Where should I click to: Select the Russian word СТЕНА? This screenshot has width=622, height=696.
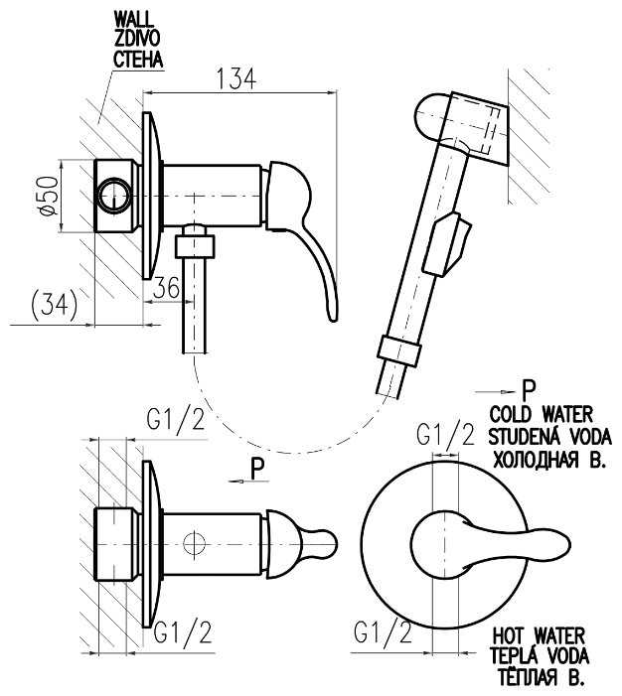[x=137, y=59]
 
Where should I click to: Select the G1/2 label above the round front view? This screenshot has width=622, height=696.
[x=443, y=435]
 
